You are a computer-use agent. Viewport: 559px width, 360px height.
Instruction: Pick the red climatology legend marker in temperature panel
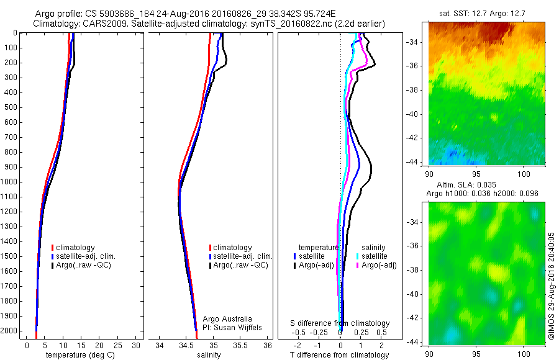pyautogui.click(x=53, y=248)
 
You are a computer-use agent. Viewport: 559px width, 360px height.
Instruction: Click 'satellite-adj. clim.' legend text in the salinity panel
pyautogui.click(x=244, y=256)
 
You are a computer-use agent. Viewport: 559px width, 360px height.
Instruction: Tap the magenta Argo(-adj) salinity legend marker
pyautogui.click(x=358, y=265)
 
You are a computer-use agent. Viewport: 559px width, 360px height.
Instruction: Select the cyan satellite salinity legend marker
pyautogui.click(x=358, y=256)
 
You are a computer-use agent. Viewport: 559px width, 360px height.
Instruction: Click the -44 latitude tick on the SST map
pyautogui.click(x=419, y=161)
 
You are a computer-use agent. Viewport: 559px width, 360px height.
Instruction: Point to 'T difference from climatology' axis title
pyautogui.click(x=340, y=355)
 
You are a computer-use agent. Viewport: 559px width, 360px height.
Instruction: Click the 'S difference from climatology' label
pyautogui.click(x=340, y=323)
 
